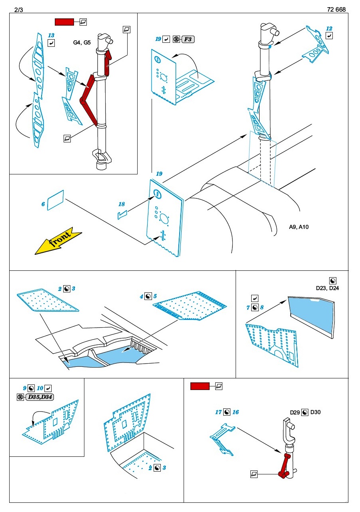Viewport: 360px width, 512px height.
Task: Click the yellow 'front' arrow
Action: pyautogui.click(x=58, y=242)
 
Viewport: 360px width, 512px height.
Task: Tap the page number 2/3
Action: pyautogui.click(x=18, y=10)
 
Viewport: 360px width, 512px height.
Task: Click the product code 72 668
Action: pyautogui.click(x=336, y=10)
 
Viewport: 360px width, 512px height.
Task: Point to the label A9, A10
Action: pyautogui.click(x=299, y=227)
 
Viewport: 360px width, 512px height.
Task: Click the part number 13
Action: pyautogui.click(x=51, y=36)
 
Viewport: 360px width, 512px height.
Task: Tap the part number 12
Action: pyautogui.click(x=329, y=29)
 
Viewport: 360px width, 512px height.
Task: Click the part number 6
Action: pyautogui.click(x=43, y=204)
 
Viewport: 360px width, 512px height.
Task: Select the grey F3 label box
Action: pyautogui.click(x=188, y=39)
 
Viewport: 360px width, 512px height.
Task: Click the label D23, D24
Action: pyautogui.click(x=327, y=288)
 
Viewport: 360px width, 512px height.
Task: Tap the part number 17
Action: pyautogui.click(x=218, y=412)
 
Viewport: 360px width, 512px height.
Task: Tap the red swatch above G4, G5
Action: pyautogui.click(x=64, y=22)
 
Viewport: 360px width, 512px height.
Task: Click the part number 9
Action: pyautogui.click(x=24, y=388)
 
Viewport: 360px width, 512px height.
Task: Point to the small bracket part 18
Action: pyautogui.click(x=122, y=215)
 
